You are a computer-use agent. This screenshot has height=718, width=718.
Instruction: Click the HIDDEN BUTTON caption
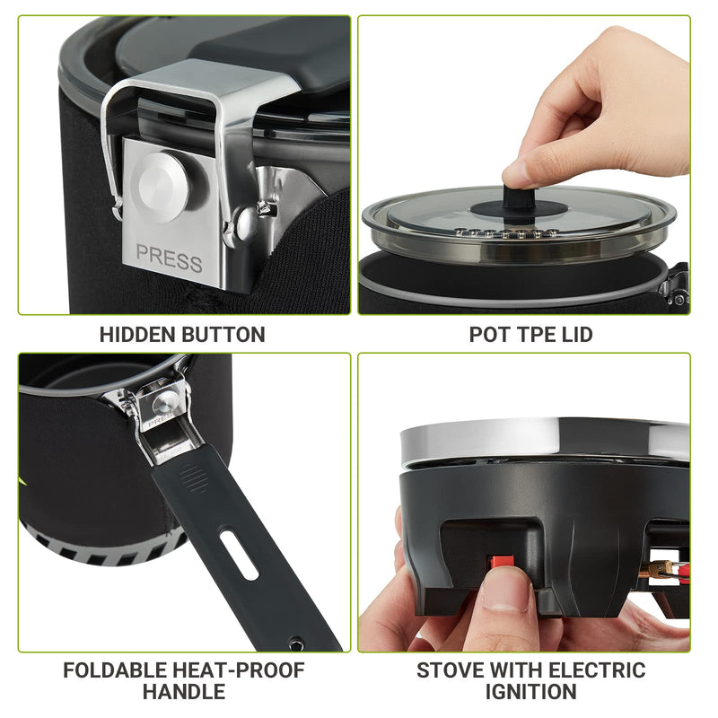[182, 335]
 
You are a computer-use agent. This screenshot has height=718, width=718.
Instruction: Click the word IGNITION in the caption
[530, 692]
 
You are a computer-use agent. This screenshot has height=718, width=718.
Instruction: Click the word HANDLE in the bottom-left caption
[183, 692]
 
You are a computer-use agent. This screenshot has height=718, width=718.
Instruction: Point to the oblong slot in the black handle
[243, 556]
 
